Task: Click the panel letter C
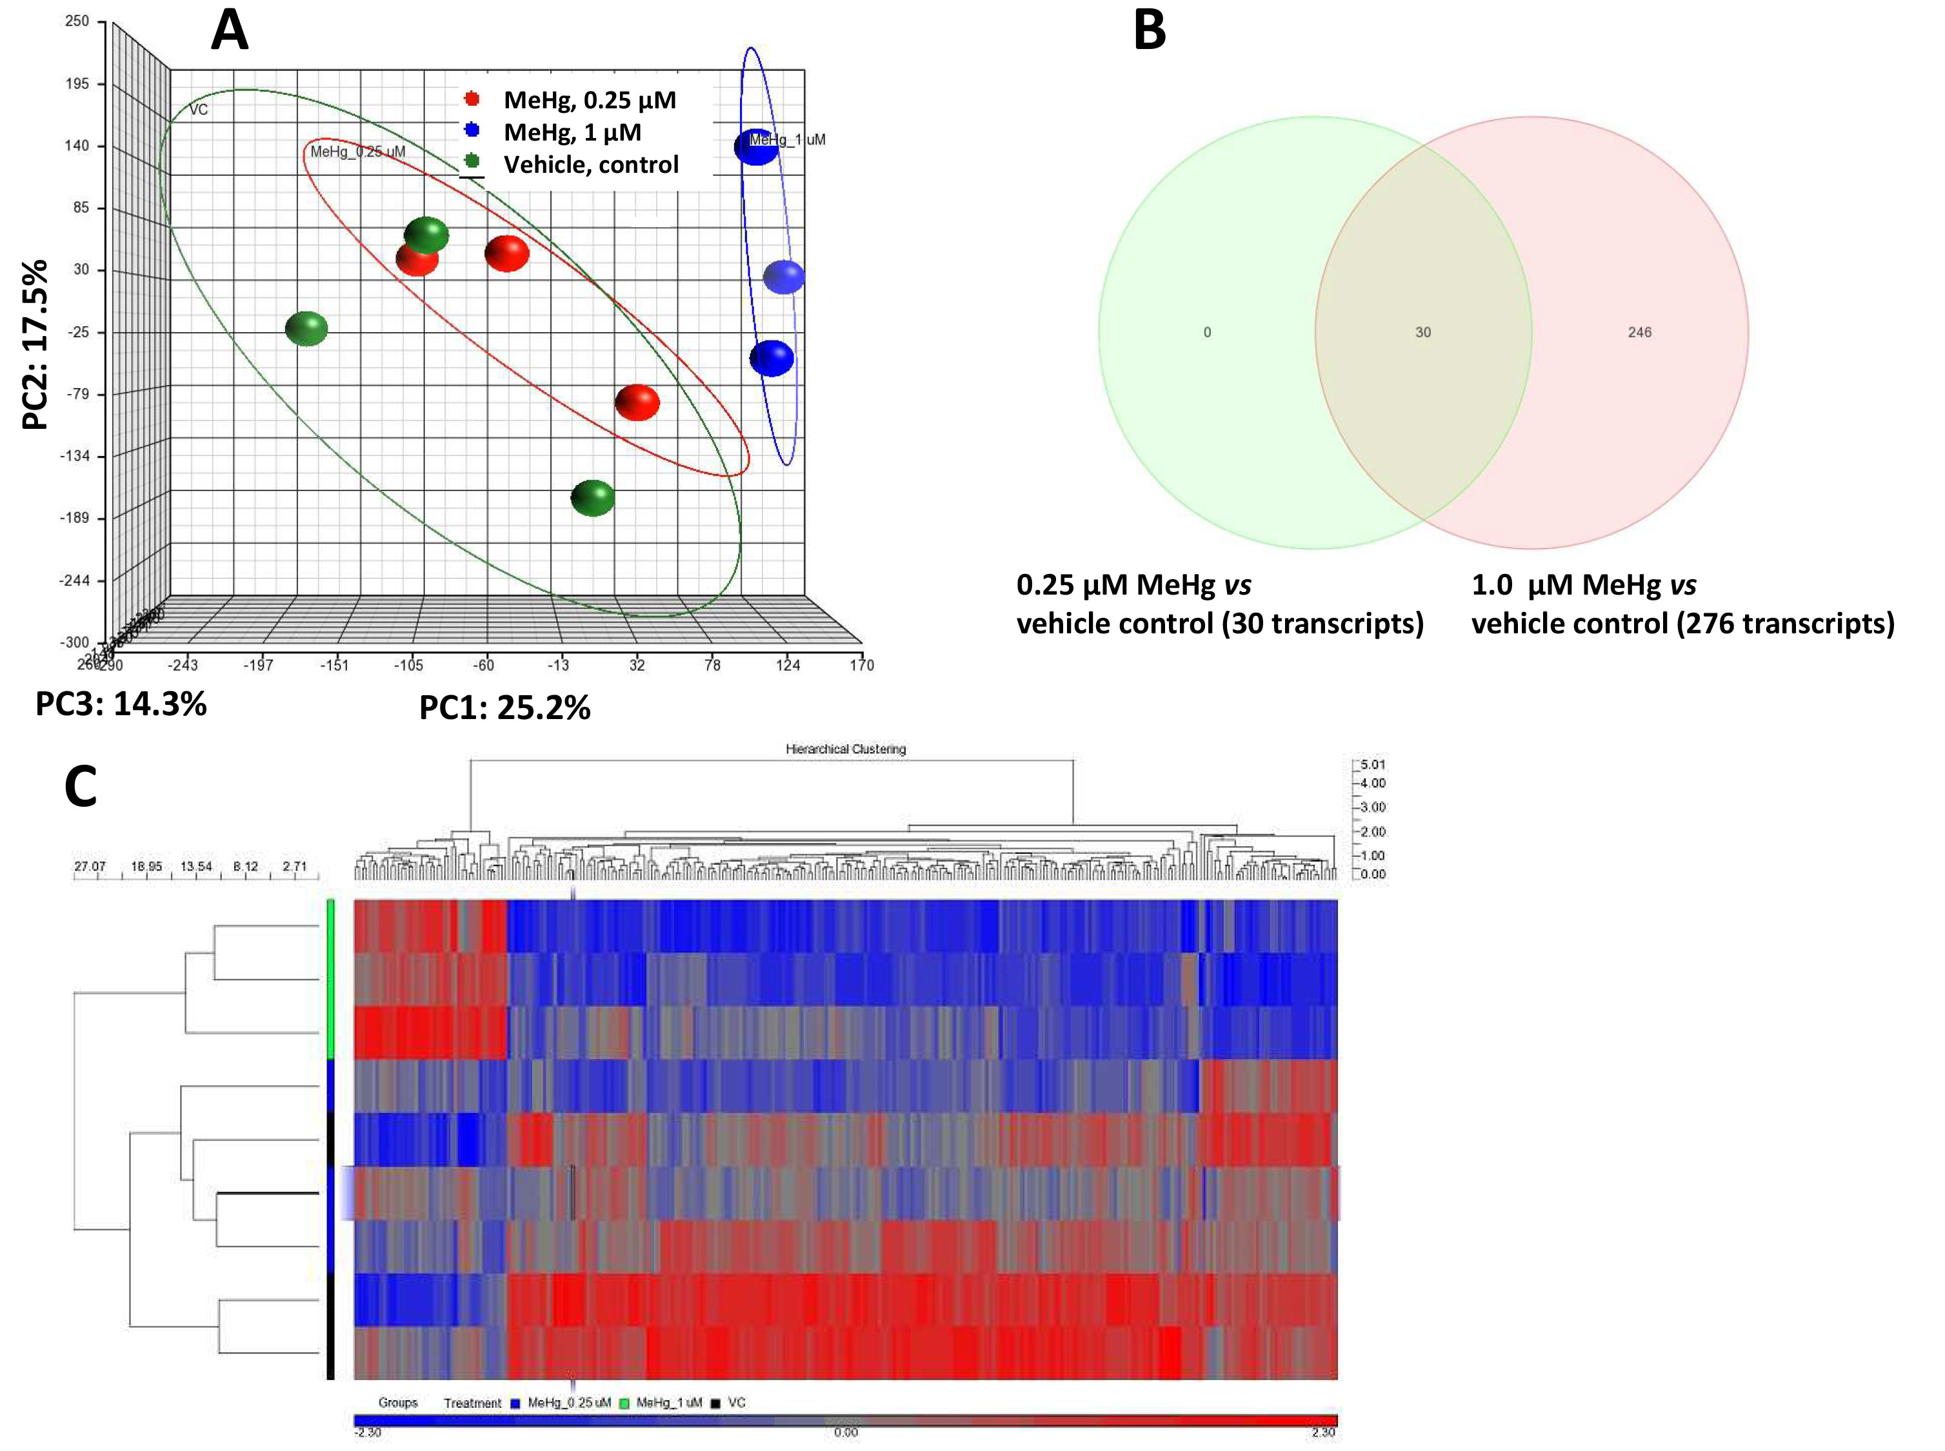coord(81,787)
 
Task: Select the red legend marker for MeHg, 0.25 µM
coord(472,99)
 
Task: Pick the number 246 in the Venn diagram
coord(1639,332)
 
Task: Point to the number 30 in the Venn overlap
coord(1422,332)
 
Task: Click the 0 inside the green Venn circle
coord(1207,332)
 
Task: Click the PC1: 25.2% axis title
coord(504,707)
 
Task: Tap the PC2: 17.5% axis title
coord(35,344)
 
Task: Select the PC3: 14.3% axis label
coord(121,704)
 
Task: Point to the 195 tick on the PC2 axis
coord(78,83)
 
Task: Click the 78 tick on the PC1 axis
coord(712,665)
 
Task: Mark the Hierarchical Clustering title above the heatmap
coord(845,749)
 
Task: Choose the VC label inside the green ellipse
coord(199,110)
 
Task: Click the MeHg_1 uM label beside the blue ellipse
coord(787,140)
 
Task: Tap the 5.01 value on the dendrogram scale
coord(1371,765)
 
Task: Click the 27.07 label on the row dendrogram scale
coord(89,867)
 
